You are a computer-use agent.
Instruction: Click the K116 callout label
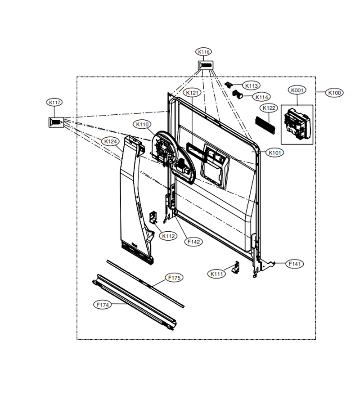204,52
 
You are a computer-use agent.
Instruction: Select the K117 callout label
55,103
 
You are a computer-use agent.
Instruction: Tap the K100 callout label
334,93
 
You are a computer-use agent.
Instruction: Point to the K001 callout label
297,90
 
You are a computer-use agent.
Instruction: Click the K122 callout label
269,108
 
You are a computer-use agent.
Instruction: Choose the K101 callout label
275,153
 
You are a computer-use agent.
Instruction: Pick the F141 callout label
295,264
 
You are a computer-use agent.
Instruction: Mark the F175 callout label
174,278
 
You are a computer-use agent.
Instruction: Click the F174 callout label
103,305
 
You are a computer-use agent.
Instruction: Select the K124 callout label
111,142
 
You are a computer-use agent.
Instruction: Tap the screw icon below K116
206,65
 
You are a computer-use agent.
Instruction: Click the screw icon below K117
56,122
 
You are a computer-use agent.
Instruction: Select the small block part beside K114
238,94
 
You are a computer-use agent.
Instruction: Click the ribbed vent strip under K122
265,125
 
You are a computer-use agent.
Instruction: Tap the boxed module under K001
297,125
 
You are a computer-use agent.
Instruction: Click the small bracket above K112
153,217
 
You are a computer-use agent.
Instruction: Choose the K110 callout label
142,125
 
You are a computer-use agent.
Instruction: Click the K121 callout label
192,92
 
